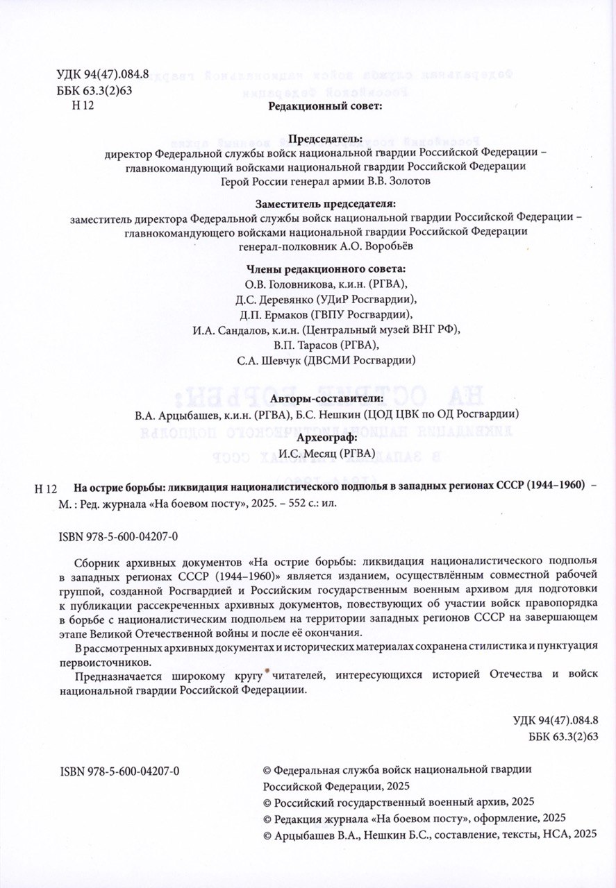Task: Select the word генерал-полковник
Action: [x=277, y=246]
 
